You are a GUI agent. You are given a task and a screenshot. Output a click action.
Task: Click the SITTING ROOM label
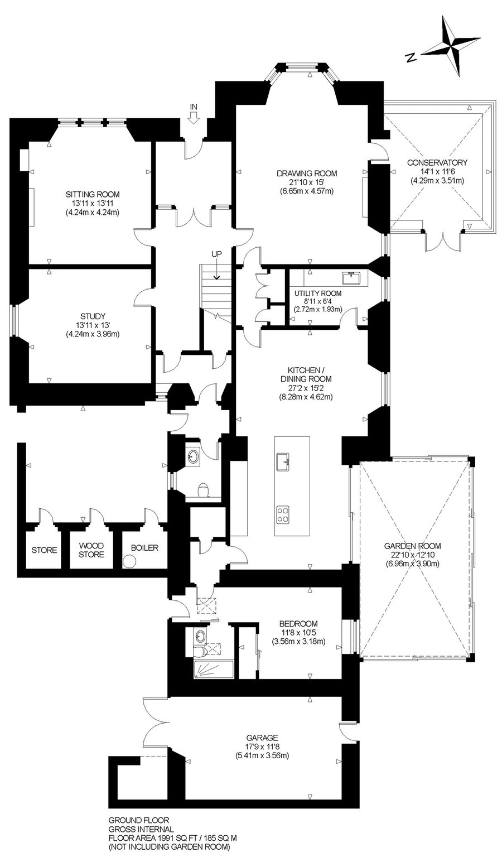pyautogui.click(x=93, y=194)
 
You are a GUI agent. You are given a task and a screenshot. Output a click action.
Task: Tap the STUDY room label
pyautogui.click(x=93, y=316)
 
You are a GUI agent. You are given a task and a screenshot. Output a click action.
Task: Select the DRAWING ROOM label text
pyautogui.click(x=307, y=174)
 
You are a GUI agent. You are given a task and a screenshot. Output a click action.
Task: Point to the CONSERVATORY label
pyautogui.click(x=437, y=162)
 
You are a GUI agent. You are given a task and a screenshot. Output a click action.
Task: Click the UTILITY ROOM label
pyautogui.click(x=318, y=293)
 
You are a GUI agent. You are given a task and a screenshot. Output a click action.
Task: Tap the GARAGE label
pyautogui.click(x=262, y=738)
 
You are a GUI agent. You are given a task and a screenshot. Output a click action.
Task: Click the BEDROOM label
pyautogui.click(x=298, y=624)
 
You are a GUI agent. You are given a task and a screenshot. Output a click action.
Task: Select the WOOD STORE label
pyautogui.click(x=91, y=550)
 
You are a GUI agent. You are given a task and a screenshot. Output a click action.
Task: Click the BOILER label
pyautogui.click(x=144, y=548)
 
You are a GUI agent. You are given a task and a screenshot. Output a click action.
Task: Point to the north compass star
pyautogui.click(x=452, y=46)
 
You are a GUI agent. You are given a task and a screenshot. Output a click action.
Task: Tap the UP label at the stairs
pyautogui.click(x=216, y=254)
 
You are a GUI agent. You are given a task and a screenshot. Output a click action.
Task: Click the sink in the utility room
pyautogui.click(x=352, y=278)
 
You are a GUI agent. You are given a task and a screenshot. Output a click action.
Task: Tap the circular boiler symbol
pyautogui.click(x=129, y=562)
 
